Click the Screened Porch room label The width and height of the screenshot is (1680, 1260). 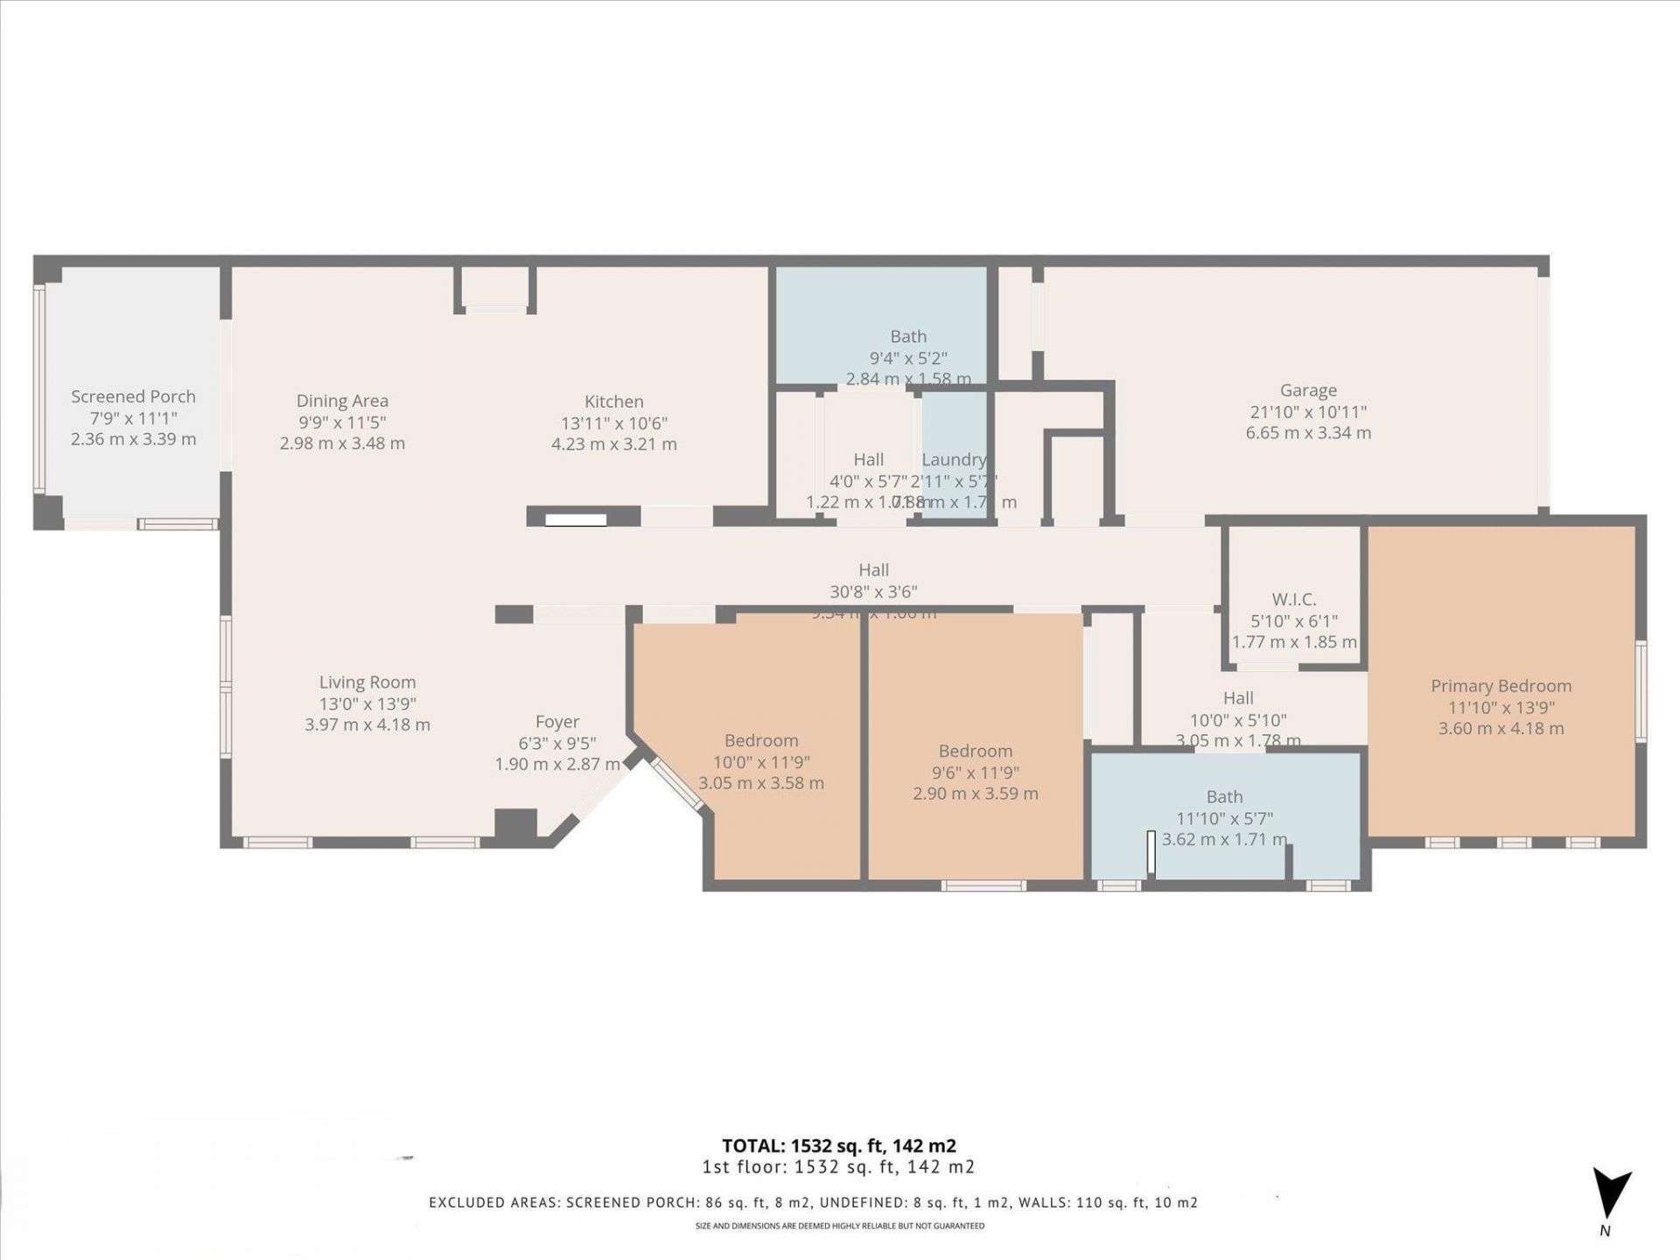(x=133, y=396)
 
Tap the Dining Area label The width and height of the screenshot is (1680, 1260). (x=342, y=401)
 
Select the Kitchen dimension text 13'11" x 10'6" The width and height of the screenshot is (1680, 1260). (x=613, y=423)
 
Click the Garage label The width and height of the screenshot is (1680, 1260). (x=1308, y=390)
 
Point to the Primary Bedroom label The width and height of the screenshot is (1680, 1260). (x=1501, y=686)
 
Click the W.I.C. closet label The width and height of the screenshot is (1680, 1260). (x=1293, y=599)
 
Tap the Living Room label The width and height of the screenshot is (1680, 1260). (x=367, y=682)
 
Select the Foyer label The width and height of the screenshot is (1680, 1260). (x=557, y=722)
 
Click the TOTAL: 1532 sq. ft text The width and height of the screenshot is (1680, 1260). (x=838, y=1145)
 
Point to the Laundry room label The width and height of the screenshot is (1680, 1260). (x=954, y=459)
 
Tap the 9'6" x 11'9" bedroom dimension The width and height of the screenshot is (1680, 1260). (x=975, y=773)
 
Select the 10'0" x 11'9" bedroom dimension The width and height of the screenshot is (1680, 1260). (x=760, y=762)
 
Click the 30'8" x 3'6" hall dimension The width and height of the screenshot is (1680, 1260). (x=873, y=591)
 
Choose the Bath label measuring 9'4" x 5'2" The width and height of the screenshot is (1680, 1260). (x=908, y=336)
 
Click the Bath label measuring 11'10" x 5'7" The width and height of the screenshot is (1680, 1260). (x=1224, y=797)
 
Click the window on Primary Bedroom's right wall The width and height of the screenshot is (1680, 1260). (x=1641, y=691)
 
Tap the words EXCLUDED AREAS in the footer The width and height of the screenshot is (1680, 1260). (x=492, y=1202)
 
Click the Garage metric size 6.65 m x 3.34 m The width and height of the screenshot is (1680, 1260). (x=1308, y=433)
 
